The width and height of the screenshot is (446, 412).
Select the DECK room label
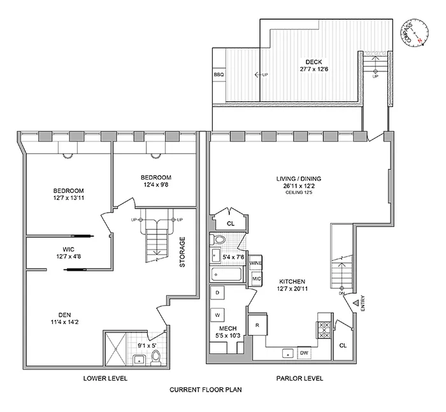[x=312, y=62]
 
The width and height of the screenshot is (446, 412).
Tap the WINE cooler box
[x=256, y=263]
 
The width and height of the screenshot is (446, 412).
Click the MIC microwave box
[x=256, y=279]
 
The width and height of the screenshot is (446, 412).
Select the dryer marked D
[x=218, y=292]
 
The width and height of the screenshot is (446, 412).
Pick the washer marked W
[x=218, y=315]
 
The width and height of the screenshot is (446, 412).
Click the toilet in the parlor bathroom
[x=219, y=240]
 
